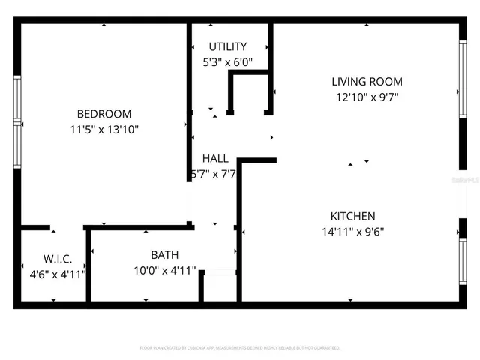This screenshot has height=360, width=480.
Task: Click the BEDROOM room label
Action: tap(104, 114)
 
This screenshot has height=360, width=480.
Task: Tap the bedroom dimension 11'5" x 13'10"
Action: tap(104, 129)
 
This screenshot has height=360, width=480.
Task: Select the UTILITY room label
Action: tap(228, 47)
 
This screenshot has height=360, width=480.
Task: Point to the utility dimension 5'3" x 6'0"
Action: tap(228, 63)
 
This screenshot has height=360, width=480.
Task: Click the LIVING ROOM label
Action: tap(367, 81)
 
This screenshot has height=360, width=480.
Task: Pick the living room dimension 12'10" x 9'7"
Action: tap(367, 97)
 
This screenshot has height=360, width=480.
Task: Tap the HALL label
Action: tap(215, 158)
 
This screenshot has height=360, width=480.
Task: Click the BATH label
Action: tap(164, 254)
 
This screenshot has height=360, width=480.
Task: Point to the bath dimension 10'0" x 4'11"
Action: tap(164, 270)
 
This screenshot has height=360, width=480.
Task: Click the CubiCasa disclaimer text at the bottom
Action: tap(240, 348)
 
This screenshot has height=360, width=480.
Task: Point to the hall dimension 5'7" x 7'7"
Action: tap(215, 174)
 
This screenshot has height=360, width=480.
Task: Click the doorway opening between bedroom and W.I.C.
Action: tap(67, 226)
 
